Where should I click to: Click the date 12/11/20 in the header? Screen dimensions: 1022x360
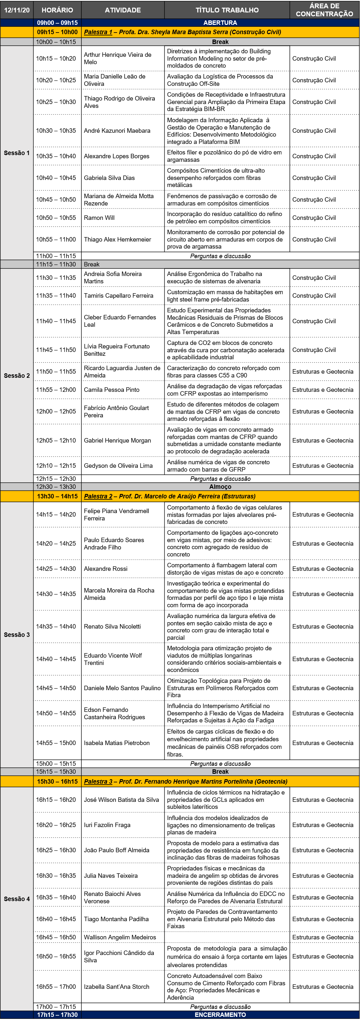pyautogui.click(x=17, y=10)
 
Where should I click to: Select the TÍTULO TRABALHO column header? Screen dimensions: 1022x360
pyautogui.click(x=227, y=10)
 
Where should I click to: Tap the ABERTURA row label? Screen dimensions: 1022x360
pyautogui.click(x=220, y=23)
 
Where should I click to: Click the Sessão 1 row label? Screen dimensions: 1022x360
pyautogui.click(x=17, y=153)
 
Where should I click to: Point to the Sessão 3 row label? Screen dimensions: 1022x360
pyautogui.click(x=17, y=634)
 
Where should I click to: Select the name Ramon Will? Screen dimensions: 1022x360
pyautogui.click(x=99, y=218)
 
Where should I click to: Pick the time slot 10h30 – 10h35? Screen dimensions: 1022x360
pyautogui.click(x=56, y=131)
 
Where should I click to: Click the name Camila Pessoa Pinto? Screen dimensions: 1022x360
pyautogui.click(x=111, y=390)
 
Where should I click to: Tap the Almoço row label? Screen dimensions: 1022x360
pyautogui.click(x=220, y=486)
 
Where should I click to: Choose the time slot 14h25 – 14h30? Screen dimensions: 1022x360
pyautogui.click(x=56, y=569)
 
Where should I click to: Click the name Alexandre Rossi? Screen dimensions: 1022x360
pyautogui.click(x=106, y=569)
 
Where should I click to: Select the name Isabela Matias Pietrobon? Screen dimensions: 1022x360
pyautogui.click(x=117, y=743)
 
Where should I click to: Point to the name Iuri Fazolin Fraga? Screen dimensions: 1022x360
pyautogui.click(x=107, y=825)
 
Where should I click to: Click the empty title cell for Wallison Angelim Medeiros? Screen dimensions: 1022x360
pyautogui.click(x=227, y=937)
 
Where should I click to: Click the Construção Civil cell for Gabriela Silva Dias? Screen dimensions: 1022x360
pyautogui.click(x=314, y=178)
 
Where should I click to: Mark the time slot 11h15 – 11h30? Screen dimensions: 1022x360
pyautogui.click(x=56, y=264)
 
